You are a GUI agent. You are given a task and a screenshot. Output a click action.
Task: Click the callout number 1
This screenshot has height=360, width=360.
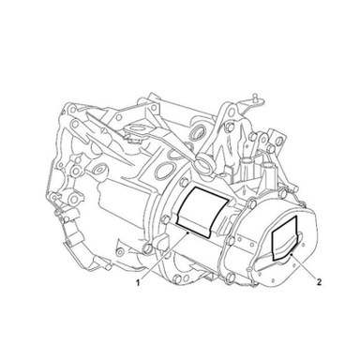click(137, 282)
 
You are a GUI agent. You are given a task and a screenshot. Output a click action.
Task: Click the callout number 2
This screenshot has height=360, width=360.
click(319, 282)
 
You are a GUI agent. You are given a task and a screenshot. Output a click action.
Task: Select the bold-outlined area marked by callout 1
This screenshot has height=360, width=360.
click(202, 211)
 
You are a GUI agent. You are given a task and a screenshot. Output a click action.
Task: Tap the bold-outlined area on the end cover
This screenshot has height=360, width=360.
click(284, 238)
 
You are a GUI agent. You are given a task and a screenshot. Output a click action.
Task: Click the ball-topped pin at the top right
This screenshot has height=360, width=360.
click(256, 96)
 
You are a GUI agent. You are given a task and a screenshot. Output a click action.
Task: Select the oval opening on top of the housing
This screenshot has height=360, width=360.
click(166, 170)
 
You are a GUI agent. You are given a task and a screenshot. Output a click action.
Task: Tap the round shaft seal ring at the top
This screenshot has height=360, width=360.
click(197, 132)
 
